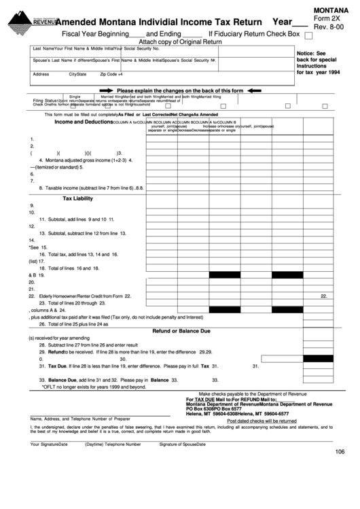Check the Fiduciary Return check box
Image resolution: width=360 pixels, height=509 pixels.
point(309,36)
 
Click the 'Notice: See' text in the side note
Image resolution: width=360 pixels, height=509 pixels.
point(312,53)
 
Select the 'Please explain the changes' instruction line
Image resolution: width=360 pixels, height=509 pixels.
point(180,90)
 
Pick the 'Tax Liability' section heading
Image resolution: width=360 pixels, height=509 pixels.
point(77,198)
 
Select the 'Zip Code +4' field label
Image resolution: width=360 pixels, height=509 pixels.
point(111,73)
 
